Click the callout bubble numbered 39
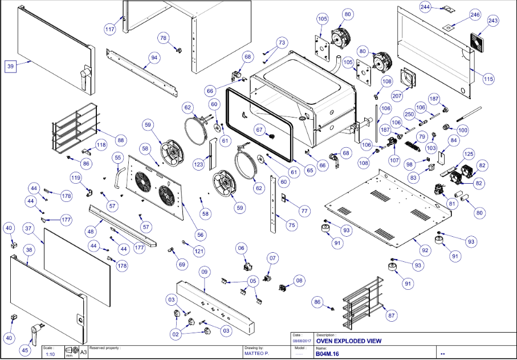[10, 67]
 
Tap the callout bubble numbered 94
[153, 58]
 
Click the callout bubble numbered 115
[488, 79]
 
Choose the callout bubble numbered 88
[120, 140]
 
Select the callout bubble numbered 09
[204, 273]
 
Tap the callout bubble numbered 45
[25, 350]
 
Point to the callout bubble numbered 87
[391, 315]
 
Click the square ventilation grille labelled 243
[478, 41]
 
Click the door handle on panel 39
[86, 75]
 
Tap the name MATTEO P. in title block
[257, 354]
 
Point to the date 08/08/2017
[300, 341]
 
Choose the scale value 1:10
[50, 354]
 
